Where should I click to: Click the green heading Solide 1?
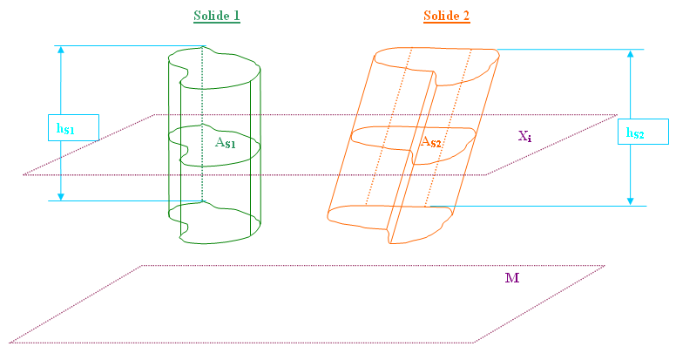tap(216, 16)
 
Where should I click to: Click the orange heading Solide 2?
tap(446, 16)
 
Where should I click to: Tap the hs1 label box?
tap(73, 127)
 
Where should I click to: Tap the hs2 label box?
tap(643, 132)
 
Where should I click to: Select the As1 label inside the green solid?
tap(225, 142)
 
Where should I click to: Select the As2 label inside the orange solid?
tap(430, 141)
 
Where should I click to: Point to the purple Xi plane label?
tap(524, 136)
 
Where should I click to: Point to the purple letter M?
tap(512, 278)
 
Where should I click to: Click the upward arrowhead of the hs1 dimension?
tap(61, 49)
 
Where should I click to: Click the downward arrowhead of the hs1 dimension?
tap(61, 197)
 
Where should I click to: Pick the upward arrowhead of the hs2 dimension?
tap(631, 53)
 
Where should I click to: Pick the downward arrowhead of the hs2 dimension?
tap(631, 201)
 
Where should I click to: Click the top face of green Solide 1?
tap(214, 68)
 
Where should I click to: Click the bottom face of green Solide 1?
tap(214, 222)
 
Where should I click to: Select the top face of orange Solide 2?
tap(436, 65)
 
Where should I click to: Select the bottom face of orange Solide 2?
tap(389, 224)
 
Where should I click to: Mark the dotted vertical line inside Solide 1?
tap(202, 124)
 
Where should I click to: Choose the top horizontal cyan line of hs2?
tap(571, 49)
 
